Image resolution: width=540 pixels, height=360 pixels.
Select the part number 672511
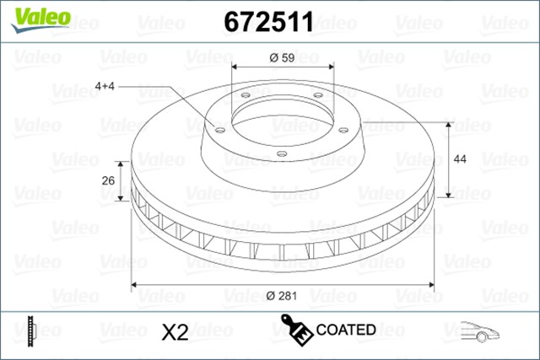tap(268, 22)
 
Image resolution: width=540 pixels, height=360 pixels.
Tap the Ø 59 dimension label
tap(281, 58)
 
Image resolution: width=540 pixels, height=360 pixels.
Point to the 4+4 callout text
tap(107, 86)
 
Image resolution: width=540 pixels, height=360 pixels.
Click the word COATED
tap(346, 330)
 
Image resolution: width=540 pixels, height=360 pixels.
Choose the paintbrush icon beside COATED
tap(296, 330)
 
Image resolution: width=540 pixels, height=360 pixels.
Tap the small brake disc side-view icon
tap(31, 330)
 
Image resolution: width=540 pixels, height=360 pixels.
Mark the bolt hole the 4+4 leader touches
tap(218, 130)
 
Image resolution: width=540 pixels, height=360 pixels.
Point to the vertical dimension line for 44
tap(451, 160)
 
